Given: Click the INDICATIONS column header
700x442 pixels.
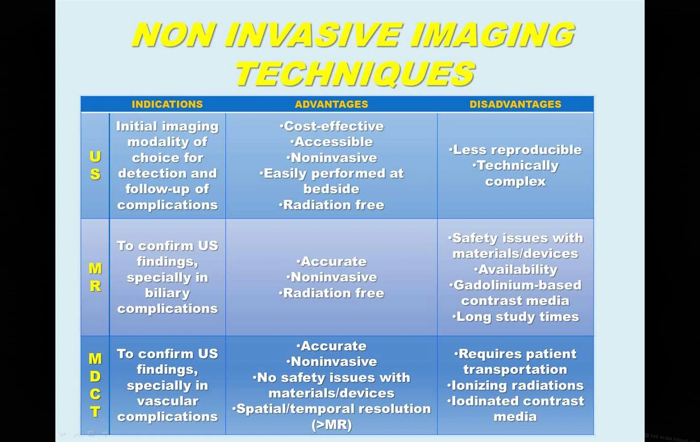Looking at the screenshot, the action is coord(167,104).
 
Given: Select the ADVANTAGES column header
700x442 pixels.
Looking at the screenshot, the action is coord(331,104).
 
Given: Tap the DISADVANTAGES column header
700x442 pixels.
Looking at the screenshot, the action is coord(515,104).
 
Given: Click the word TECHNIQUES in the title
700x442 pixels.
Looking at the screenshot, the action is coord(355,74).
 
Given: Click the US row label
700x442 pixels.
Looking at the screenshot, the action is coord(95,165).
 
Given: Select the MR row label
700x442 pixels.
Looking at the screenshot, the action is coord(95,277).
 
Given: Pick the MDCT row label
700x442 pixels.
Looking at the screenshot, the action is coord(95,385).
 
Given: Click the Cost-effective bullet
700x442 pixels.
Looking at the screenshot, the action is coord(331,126).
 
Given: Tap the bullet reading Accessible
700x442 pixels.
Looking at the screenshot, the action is coord(331,142).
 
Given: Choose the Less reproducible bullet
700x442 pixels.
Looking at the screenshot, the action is coord(515,150).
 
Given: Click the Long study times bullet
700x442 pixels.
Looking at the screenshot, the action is coord(515,316).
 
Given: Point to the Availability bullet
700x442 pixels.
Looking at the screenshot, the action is coord(515,270).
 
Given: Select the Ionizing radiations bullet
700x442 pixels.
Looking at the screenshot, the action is coord(515,385).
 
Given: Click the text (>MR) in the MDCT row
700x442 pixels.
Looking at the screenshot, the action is coord(331,425).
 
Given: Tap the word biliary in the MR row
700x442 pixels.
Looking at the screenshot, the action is coord(167,293).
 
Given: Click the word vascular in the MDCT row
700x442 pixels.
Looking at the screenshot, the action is coord(167,401).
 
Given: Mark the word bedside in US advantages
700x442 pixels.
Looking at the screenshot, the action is coord(331,189).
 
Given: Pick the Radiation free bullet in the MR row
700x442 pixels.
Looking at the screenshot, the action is coord(331,293).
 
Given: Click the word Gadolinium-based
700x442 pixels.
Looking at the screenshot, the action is coord(516,285).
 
